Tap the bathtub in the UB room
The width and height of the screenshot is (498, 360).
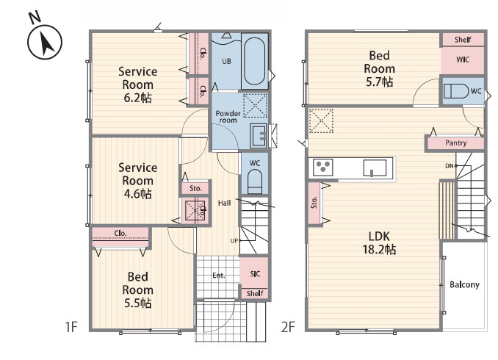click(x=255, y=61)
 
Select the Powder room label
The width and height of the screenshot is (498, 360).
click(x=228, y=117)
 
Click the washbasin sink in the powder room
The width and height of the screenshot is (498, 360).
click(x=259, y=136)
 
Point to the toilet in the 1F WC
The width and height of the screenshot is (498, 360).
click(x=255, y=181)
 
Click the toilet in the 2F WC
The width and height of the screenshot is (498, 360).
click(x=456, y=91)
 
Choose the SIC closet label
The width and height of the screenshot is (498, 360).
click(x=255, y=273)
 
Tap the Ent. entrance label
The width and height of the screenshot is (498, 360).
click(x=218, y=276)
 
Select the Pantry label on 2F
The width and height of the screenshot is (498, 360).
click(x=455, y=143)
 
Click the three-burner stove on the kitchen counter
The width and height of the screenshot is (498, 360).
click(x=323, y=167)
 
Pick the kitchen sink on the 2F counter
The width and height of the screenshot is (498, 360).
click(x=375, y=168)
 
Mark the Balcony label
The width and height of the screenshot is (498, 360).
click(x=464, y=284)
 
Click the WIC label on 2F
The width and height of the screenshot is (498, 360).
click(x=463, y=60)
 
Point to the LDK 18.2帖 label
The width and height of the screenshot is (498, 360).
click(x=379, y=243)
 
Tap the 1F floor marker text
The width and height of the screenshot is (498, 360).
click(x=71, y=327)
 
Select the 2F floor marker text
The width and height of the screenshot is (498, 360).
click(x=288, y=327)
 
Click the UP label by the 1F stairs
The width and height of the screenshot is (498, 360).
click(x=234, y=241)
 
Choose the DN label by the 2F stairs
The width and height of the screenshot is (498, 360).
click(x=450, y=166)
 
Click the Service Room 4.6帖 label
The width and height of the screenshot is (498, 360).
click(x=137, y=181)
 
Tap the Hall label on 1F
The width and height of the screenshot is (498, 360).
click(x=224, y=203)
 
